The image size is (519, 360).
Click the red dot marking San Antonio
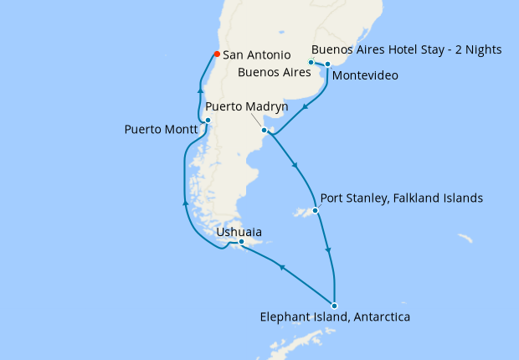pos(217,54)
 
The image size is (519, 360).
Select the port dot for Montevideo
pos(328,64)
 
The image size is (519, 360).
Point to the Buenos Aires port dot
pos(311,62)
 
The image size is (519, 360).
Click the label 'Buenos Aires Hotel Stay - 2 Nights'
pos(406,49)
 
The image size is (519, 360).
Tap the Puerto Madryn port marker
pos(264,131)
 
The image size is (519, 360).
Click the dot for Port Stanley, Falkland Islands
pos(316,211)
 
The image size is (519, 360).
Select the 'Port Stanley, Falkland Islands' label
pos(401,199)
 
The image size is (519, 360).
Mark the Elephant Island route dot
pos(334,306)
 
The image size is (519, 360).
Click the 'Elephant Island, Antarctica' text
pos(335,317)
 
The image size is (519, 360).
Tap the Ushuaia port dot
pos(241,243)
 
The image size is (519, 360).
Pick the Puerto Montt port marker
pos(208,121)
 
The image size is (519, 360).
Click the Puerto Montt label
pos(161,130)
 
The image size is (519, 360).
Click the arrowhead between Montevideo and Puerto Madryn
pos(306,106)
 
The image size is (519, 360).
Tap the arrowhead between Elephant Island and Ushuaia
pos(281,268)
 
